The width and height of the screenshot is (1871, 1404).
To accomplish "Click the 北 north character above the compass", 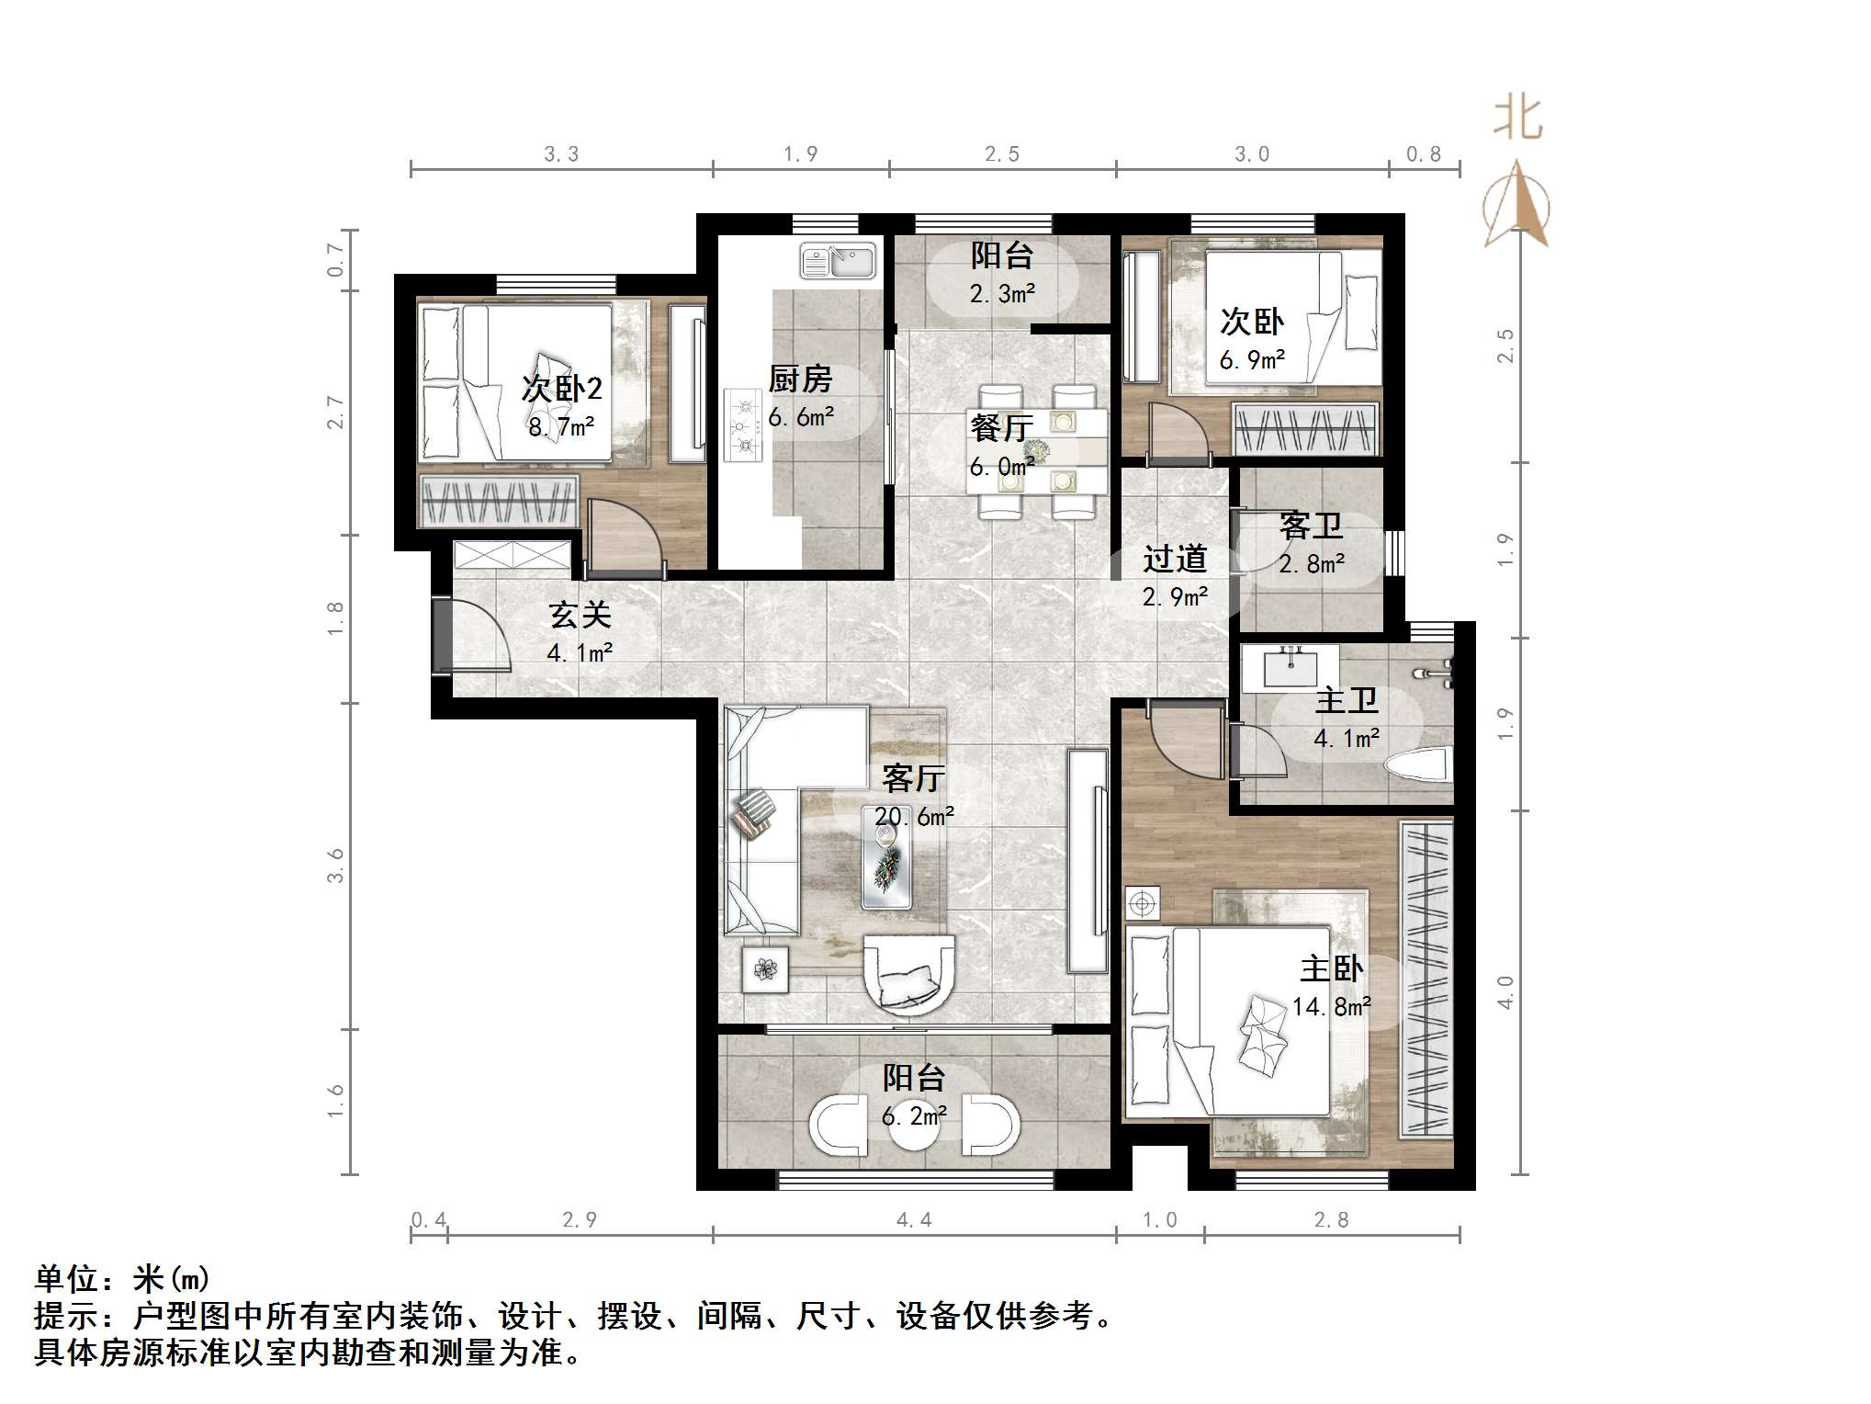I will point(1517,119).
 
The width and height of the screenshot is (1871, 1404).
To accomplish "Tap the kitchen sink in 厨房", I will point(837,261).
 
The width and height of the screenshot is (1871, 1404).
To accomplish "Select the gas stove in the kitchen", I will point(743,425).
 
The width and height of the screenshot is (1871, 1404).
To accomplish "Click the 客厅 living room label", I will point(913,778).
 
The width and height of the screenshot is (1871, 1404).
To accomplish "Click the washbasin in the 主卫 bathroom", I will point(1290,667).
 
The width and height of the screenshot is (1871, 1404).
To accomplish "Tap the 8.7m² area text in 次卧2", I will point(560,427).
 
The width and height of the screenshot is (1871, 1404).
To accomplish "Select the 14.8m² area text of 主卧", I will point(1331,1007).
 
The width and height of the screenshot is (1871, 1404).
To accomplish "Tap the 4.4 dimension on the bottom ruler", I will point(914,1219).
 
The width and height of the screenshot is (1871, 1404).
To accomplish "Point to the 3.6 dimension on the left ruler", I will point(335,866).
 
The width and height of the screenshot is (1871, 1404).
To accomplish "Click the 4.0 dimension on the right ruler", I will point(1505,992).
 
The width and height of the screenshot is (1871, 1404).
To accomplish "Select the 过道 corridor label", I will point(1175,559).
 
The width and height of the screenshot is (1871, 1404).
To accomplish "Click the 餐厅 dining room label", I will point(1001,428).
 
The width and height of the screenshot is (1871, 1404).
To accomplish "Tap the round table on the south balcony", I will point(914,1132).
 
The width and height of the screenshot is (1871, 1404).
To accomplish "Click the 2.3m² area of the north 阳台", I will point(1001,294).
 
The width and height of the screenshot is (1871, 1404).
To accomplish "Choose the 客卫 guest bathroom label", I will point(1311,526).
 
